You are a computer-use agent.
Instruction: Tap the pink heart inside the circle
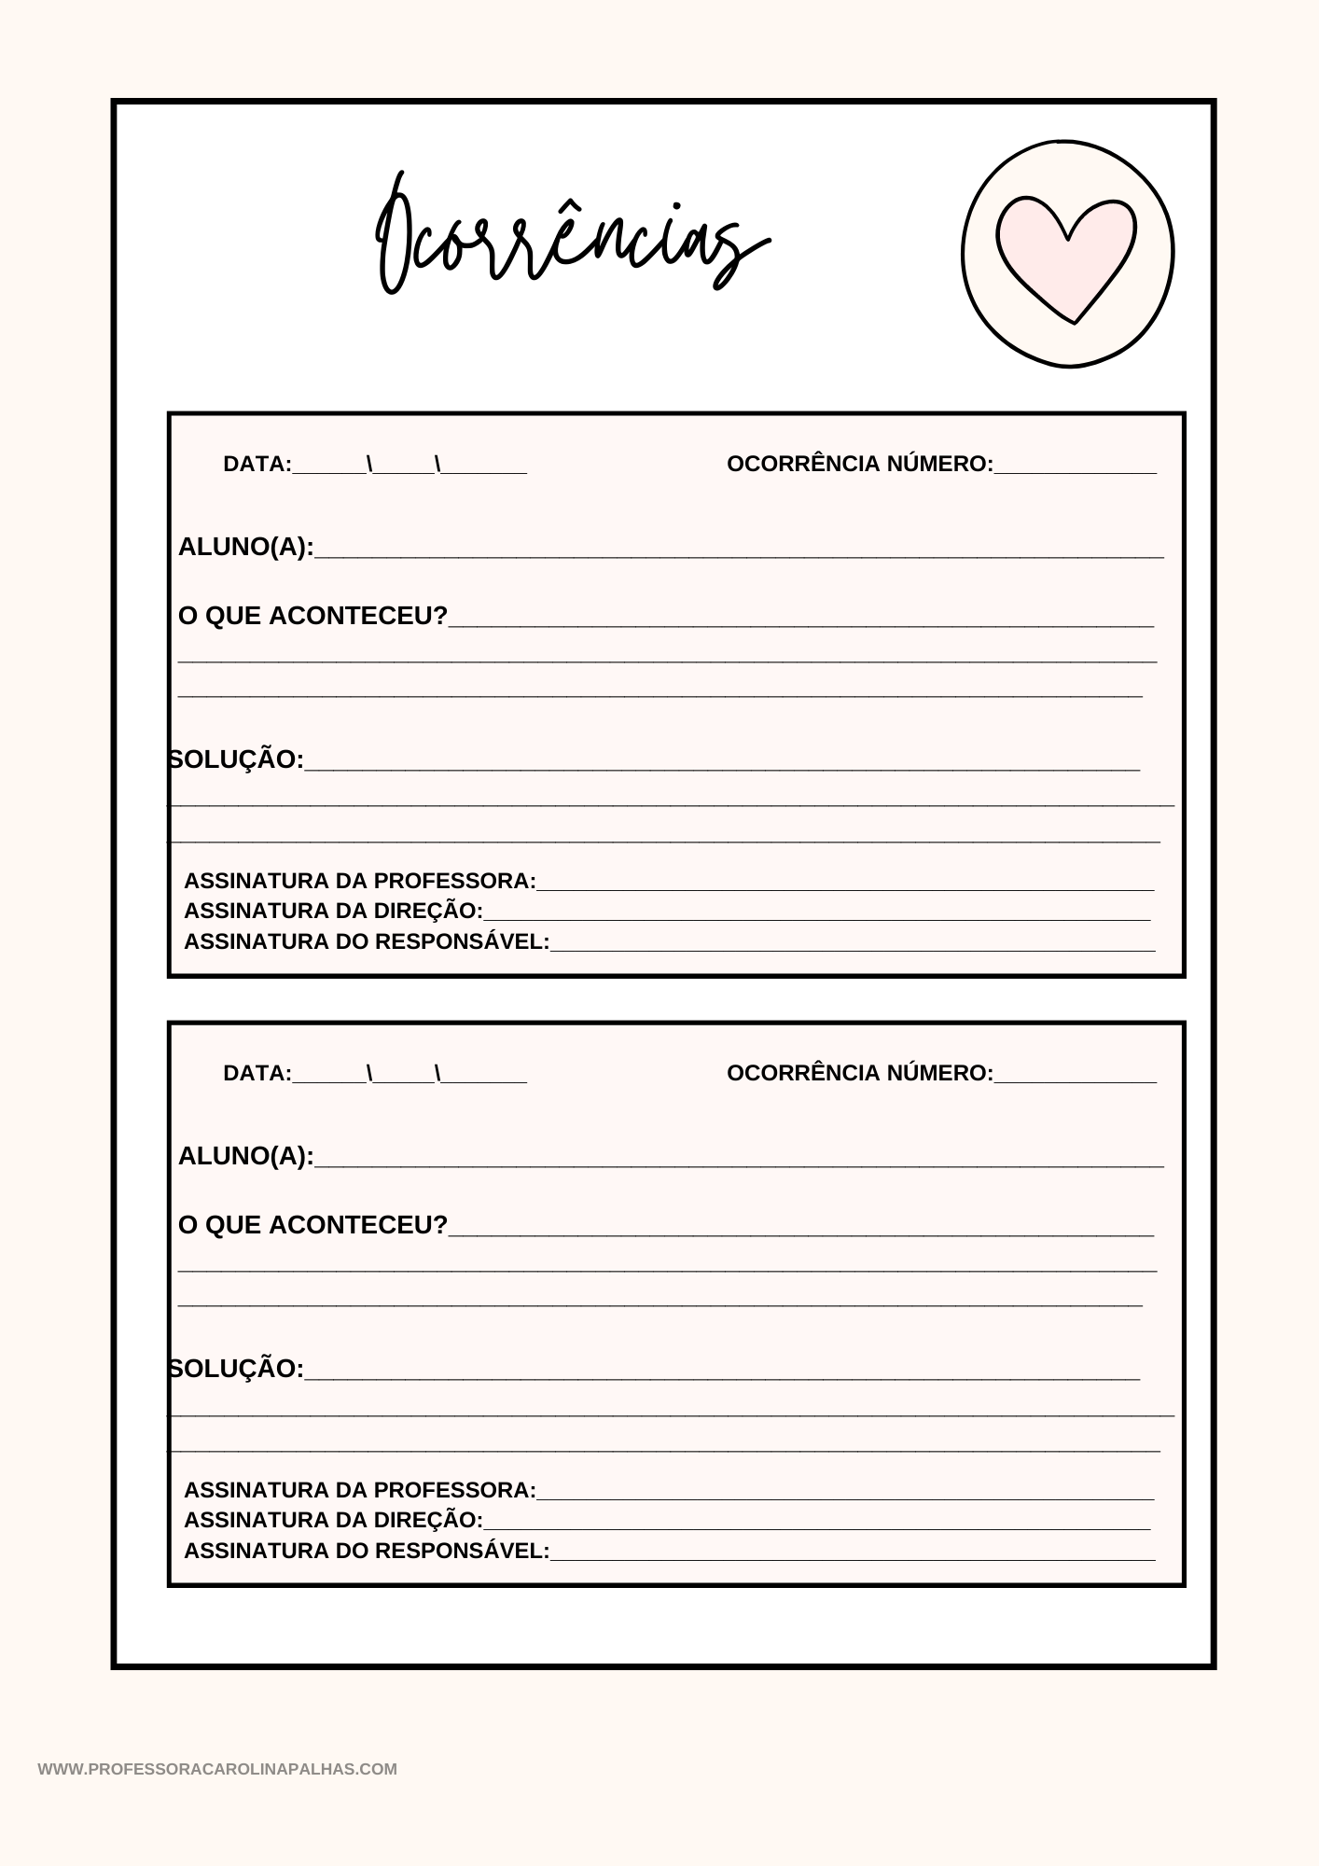[x=1066, y=254]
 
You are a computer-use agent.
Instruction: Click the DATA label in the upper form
[x=257, y=464]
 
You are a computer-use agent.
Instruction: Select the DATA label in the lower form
[x=257, y=1073]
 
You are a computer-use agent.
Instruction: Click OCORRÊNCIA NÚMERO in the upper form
[x=859, y=464]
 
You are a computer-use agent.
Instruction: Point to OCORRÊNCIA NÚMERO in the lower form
[x=859, y=1073]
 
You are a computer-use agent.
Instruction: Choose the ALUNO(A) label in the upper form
[x=245, y=547]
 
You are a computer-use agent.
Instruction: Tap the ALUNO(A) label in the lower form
[x=245, y=1156]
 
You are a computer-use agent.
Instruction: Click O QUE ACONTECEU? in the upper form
[x=312, y=616]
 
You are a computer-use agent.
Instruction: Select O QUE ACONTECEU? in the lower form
[x=312, y=1225]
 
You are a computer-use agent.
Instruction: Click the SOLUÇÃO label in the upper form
[x=238, y=759]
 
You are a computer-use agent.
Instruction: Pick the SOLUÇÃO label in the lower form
[x=238, y=1369]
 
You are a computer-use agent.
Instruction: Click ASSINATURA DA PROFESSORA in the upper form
[x=359, y=881]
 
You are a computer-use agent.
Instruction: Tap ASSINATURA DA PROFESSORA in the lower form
[x=359, y=1490]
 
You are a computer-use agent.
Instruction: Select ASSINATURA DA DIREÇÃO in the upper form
[x=333, y=911]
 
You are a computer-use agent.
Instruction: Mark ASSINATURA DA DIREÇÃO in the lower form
[x=333, y=1520]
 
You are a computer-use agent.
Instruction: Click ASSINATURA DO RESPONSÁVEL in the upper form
[x=366, y=941]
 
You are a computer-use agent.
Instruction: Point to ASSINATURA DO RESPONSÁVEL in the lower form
[x=366, y=1551]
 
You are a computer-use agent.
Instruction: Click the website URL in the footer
[x=217, y=1769]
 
